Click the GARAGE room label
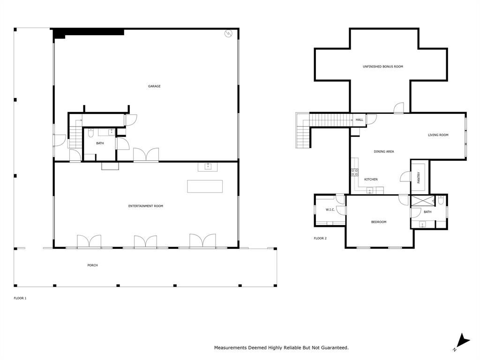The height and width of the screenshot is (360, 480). point(154,86)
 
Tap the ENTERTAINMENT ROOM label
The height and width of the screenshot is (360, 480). point(146,206)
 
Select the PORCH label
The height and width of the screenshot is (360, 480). point(92,265)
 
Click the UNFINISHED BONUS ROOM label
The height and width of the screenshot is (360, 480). point(382,67)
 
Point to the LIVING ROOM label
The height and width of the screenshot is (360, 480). point(438,135)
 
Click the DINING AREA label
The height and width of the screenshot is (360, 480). point(383,151)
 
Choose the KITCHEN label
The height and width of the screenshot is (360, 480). point(371,180)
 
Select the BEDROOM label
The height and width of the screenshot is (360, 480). point(379,222)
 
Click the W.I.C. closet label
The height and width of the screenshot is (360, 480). point(330,210)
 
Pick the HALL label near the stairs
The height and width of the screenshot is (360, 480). point(359,120)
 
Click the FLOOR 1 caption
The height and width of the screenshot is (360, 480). point(20,298)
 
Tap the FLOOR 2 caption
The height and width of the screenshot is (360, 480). point(320,239)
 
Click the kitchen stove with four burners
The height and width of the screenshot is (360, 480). point(354,172)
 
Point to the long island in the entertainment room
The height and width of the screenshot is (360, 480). point(205,186)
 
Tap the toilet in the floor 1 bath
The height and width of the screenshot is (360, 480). point(90,132)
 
